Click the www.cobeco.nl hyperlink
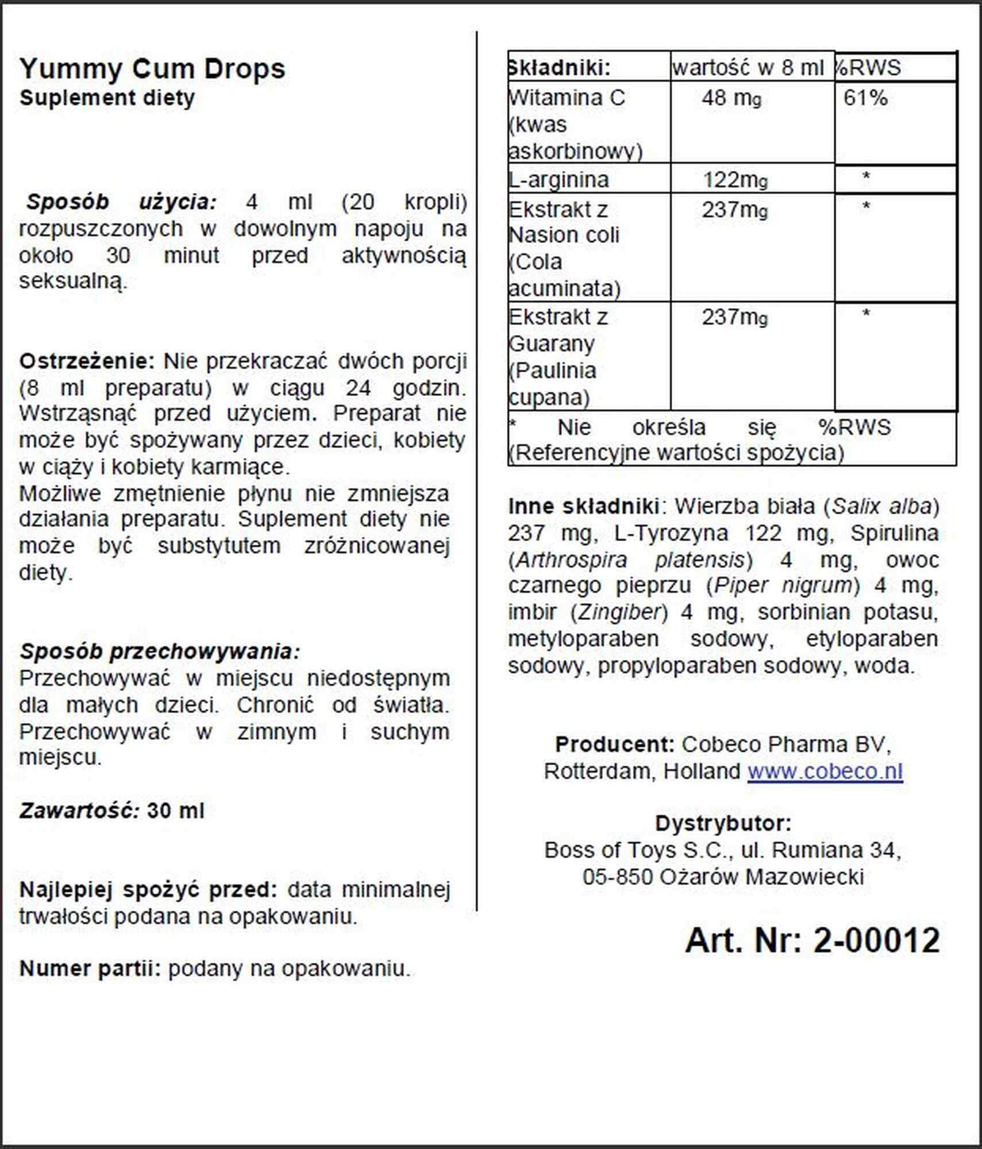[825, 771]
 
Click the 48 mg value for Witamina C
[731, 98]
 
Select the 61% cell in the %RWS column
[865, 98]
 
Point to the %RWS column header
[868, 68]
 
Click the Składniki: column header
[559, 68]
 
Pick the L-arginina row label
[559, 180]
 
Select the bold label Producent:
[614, 745]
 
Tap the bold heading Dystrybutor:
[723, 823]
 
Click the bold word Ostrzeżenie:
[87, 361]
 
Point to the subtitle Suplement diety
[107, 98]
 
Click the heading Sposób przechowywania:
[160, 651]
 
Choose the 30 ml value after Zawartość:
[175, 811]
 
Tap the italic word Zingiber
[618, 612]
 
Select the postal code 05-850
[617, 877]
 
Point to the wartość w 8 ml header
[748, 68]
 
